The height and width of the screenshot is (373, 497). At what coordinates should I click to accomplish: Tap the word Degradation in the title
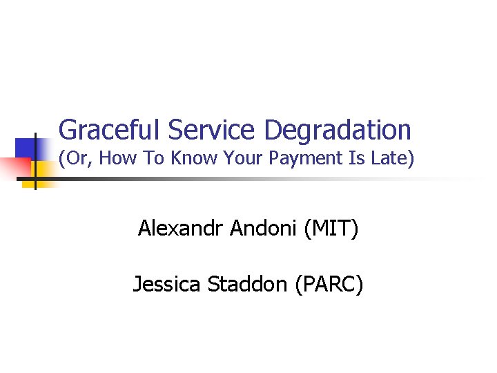point(338,129)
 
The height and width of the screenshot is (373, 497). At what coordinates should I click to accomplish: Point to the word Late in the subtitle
point(396,158)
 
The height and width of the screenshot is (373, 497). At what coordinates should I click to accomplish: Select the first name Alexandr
point(182,227)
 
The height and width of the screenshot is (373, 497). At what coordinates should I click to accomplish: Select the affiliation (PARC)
point(329,283)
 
